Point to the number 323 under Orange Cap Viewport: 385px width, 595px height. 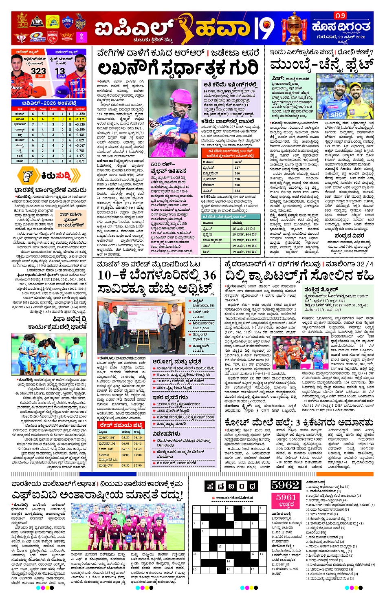pyautogui.click(x=38, y=71)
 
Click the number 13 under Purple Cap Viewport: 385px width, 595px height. pyautogui.click(x=60, y=71)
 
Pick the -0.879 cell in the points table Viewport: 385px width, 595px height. pyautogui.click(x=80, y=161)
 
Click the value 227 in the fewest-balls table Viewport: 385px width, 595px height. pyautogui.click(x=237, y=167)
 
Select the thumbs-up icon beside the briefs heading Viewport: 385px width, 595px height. pyautogui.click(x=28, y=176)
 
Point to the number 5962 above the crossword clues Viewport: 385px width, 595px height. pyautogui.click(x=286, y=485)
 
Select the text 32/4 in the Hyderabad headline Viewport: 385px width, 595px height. pyautogui.click(x=365, y=264)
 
